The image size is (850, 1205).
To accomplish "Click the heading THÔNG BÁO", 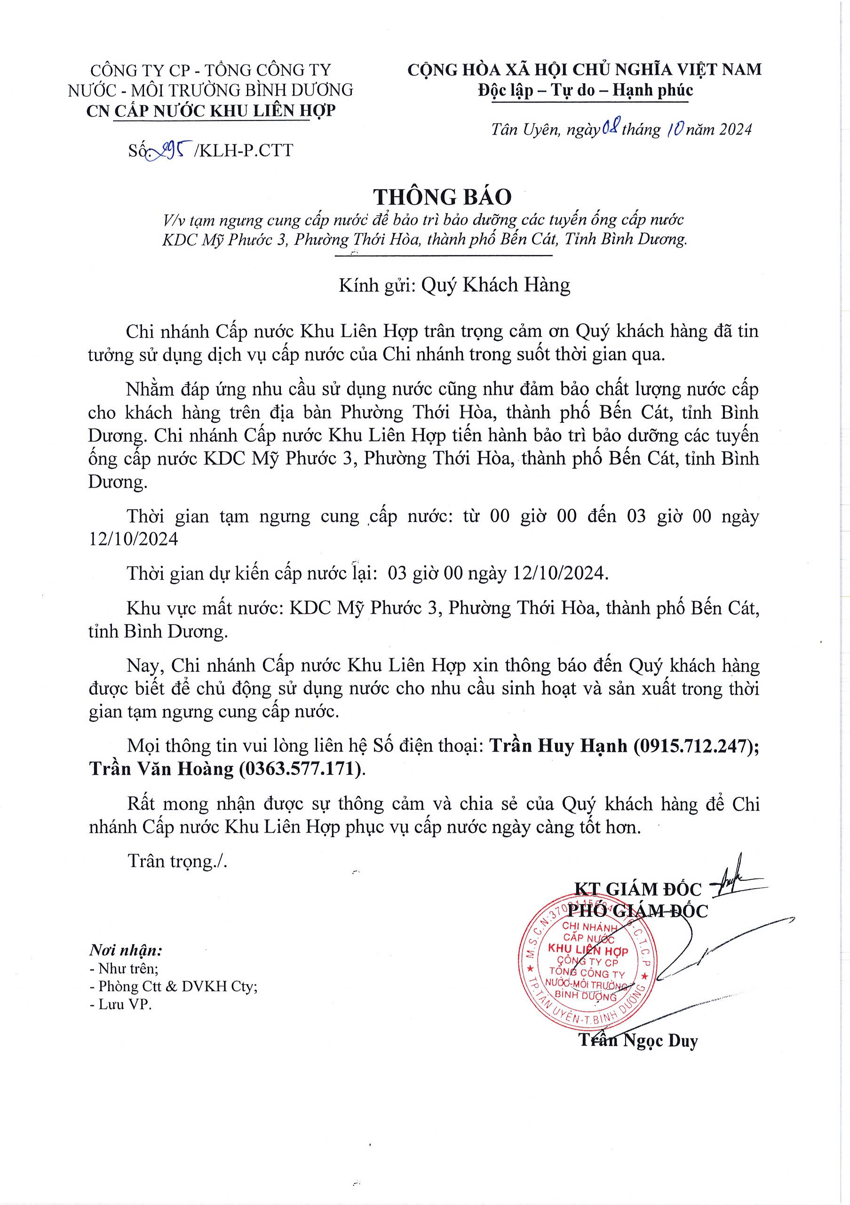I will point(442,197).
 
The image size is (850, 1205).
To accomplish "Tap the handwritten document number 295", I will point(169,151).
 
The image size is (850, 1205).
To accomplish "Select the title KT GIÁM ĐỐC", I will point(638,889).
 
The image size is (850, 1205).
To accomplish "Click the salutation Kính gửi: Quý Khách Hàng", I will point(454,285).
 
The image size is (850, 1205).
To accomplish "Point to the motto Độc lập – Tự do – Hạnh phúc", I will point(585,90).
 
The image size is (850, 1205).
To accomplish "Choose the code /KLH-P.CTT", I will point(243,151).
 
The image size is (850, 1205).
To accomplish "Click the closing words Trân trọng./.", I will point(177,861).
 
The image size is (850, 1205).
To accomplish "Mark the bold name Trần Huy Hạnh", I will point(558,746).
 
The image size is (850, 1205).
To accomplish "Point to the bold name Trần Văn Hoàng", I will point(161,769).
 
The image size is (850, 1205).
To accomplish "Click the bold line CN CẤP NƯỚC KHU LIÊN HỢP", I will point(210,111).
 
